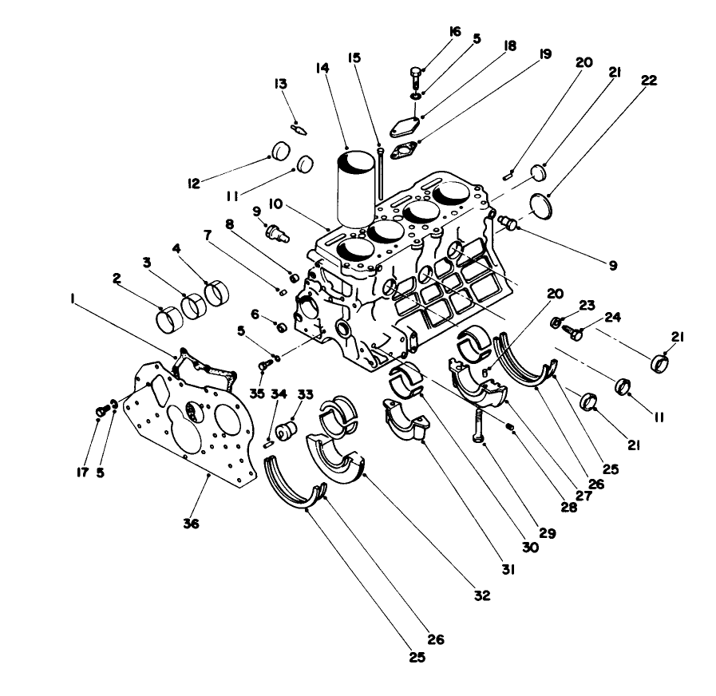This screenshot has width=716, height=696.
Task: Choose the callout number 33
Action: [x=305, y=394]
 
